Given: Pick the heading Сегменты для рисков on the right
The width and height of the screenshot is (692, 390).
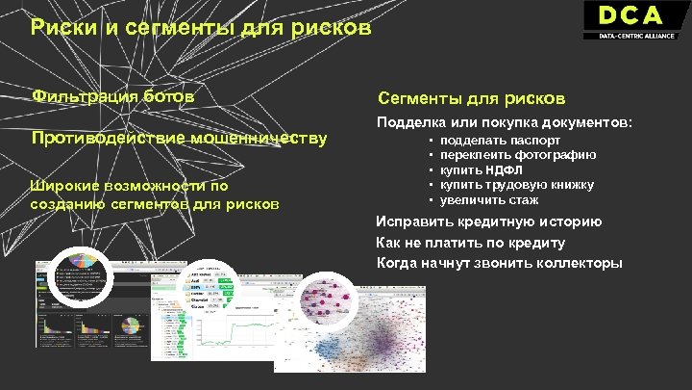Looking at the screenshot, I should [x=471, y=98].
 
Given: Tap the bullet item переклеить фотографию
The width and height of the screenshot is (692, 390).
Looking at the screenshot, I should [x=518, y=155].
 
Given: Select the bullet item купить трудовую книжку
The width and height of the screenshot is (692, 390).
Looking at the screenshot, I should [x=516, y=185].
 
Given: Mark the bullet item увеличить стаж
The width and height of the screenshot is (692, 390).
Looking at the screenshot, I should [x=489, y=200].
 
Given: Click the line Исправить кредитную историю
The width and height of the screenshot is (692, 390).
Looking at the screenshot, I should [x=489, y=221].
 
